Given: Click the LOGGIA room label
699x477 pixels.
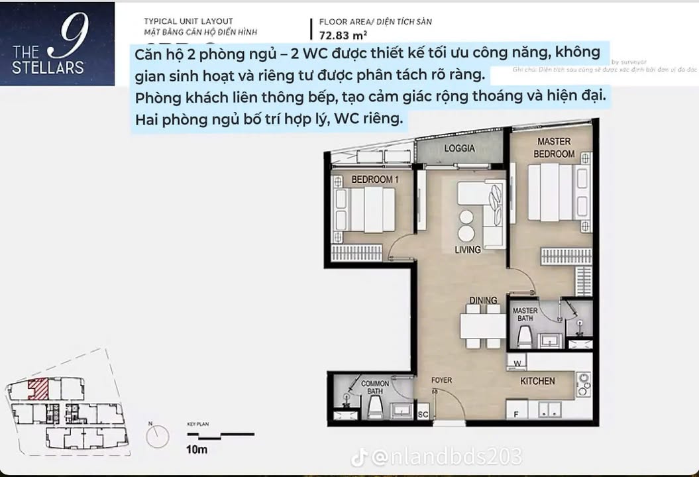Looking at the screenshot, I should click(459, 148).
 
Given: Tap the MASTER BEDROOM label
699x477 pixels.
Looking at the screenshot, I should click(555, 148).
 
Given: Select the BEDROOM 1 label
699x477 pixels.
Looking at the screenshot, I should click(374, 180).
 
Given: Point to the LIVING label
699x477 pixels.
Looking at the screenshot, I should click(467, 250).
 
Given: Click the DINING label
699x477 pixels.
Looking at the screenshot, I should click(483, 301).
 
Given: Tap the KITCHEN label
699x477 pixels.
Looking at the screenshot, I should click(537, 381).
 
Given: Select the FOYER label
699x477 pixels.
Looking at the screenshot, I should click(441, 381).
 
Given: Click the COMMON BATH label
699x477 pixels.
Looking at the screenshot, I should click(375, 388).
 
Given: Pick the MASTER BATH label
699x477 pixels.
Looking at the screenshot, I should click(525, 315).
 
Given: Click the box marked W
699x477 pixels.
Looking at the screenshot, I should click(517, 363).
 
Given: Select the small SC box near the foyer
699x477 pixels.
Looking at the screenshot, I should click(423, 415).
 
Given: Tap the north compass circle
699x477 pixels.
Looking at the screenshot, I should click(158, 437).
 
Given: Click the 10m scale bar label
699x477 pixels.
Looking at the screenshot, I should click(197, 450).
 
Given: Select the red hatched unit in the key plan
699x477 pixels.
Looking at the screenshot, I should click(38, 389).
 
